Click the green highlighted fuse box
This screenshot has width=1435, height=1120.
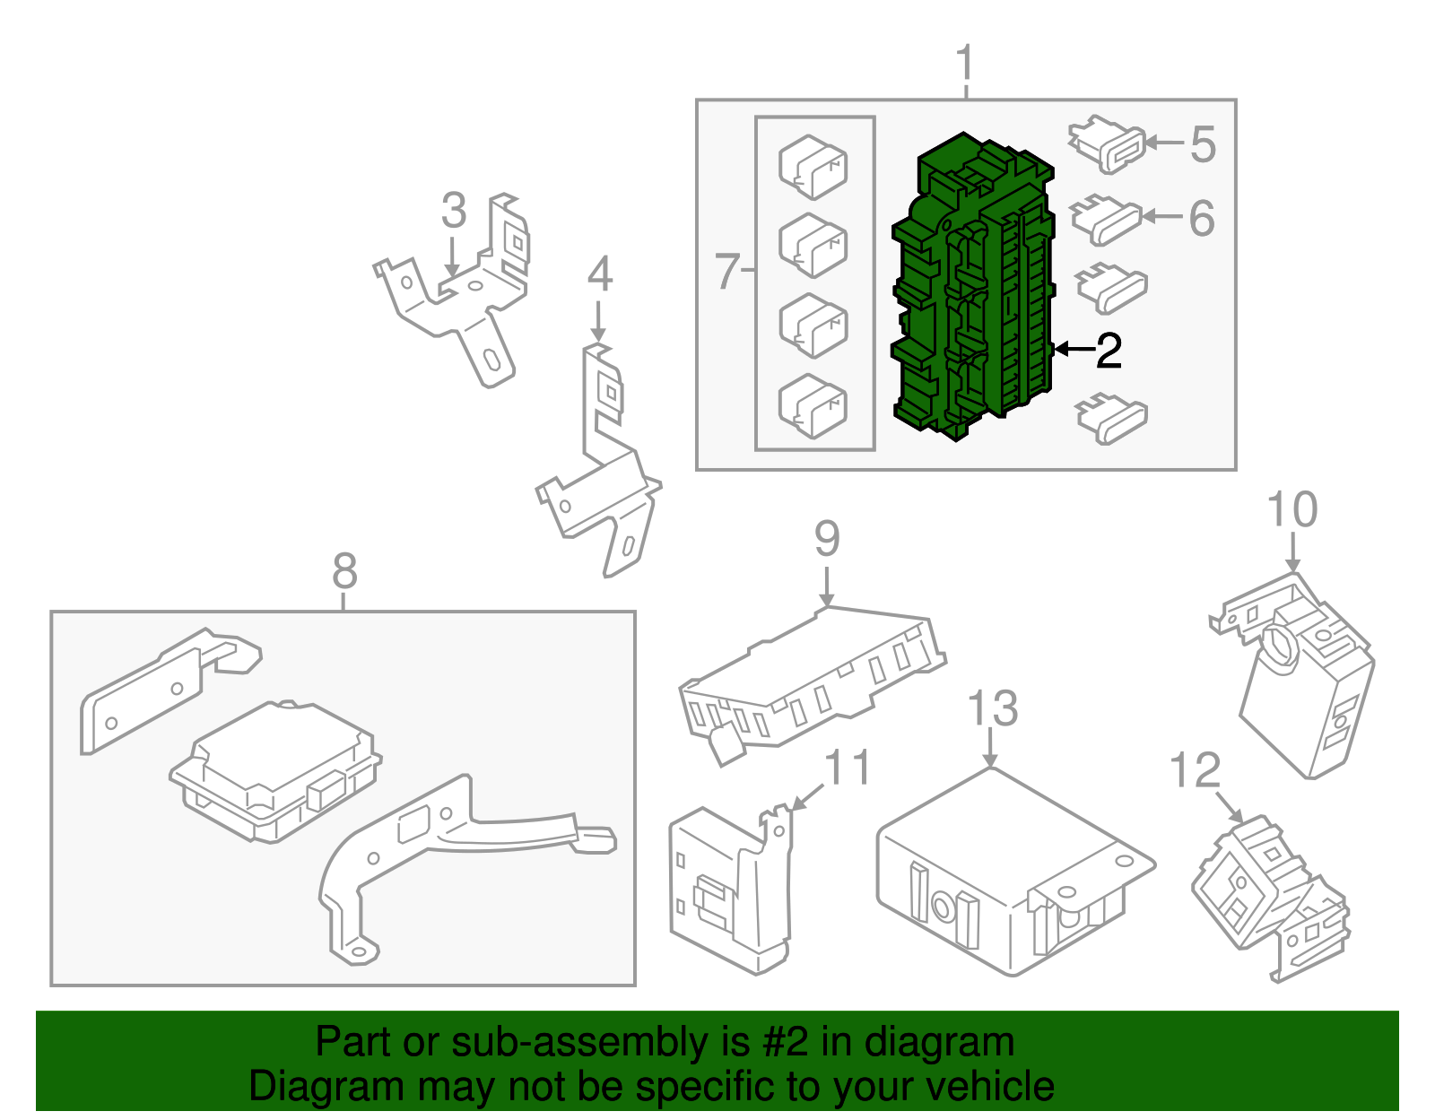tap(973, 287)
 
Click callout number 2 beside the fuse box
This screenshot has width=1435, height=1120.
tap(1109, 351)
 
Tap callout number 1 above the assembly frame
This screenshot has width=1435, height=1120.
tap(964, 64)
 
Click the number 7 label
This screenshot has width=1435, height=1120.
tap(726, 270)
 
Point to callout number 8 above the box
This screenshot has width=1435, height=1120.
tap(344, 570)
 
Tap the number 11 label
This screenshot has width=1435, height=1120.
tap(847, 768)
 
